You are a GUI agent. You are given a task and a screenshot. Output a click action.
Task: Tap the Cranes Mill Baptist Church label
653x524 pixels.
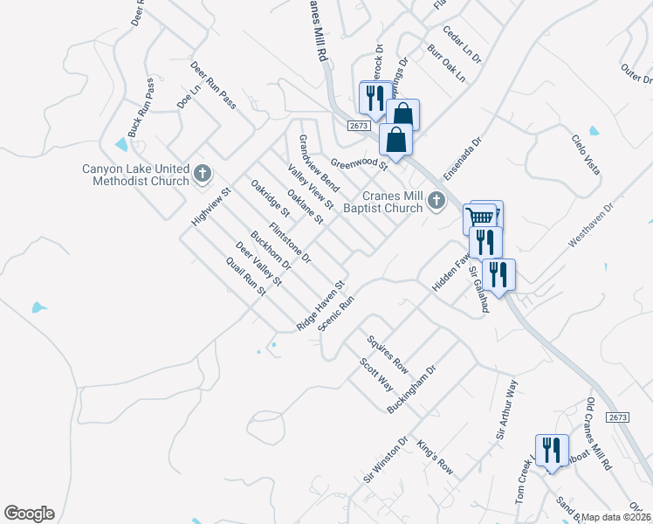tap(381, 203)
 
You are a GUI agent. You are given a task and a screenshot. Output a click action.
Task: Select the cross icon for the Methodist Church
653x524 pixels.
tap(203, 174)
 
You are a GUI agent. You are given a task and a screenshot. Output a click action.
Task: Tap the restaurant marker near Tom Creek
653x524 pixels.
tap(551, 451)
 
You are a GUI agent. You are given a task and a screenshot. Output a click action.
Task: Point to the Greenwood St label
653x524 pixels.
tap(359, 163)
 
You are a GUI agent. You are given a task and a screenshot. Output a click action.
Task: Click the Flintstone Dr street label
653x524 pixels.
tap(290, 243)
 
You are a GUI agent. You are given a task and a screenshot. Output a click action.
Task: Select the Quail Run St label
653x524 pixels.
tap(244, 276)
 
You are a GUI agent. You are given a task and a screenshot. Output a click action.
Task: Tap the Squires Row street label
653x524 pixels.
tap(388, 349)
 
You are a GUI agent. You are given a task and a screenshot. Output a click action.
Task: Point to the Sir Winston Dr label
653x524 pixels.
tap(386, 462)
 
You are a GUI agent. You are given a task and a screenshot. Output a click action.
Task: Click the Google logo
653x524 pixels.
tap(29, 514)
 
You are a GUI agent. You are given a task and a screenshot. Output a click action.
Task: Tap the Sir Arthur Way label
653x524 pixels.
tap(507, 409)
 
